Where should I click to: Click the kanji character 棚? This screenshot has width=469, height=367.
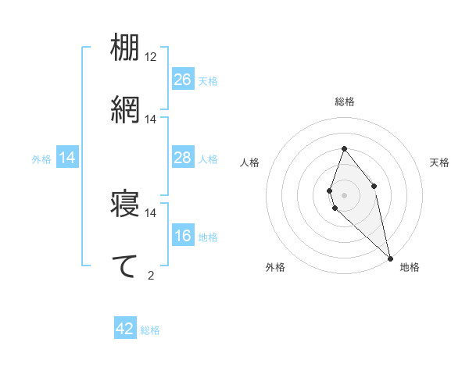125,48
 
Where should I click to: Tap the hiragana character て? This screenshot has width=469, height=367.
125,265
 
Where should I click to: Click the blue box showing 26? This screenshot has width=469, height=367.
183,80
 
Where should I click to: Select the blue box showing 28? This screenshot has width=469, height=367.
183,158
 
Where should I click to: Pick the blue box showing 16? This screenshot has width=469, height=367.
183,236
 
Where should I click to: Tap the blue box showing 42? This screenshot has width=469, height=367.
125,329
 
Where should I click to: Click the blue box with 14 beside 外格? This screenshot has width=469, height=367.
67,158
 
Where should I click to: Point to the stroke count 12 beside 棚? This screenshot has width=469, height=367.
151,57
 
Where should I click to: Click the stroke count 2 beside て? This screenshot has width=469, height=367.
151,275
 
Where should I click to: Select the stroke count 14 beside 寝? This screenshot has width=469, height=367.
151,212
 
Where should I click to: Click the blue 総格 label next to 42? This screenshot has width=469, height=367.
150,330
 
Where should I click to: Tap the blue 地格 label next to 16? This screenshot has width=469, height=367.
208,237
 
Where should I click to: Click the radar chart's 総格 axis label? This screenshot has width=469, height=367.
345,102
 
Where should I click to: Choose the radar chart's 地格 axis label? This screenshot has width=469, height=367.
410,267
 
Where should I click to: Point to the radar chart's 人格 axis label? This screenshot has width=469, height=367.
250,162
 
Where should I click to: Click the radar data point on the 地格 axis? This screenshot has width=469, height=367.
390,258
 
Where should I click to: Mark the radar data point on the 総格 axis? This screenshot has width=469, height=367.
344,148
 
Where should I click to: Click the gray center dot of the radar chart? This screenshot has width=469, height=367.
344,194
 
